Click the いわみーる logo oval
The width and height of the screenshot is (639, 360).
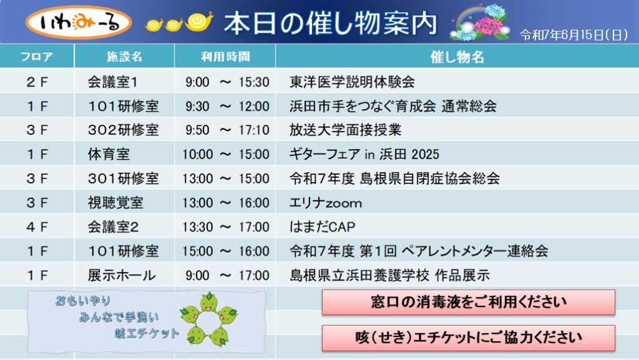[x=79, y=23]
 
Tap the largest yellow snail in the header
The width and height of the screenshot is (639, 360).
[x=199, y=22]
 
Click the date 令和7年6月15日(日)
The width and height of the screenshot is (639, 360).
[x=574, y=35]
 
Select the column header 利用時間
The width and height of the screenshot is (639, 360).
[x=225, y=57]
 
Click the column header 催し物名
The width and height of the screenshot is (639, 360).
[x=457, y=57]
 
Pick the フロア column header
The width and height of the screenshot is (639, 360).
[x=37, y=57]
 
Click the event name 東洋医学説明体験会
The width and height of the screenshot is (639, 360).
[x=352, y=82]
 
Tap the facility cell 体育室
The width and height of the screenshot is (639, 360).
[x=109, y=154]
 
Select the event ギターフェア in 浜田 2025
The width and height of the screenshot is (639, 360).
[x=364, y=154]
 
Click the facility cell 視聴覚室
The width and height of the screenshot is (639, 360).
[x=115, y=203]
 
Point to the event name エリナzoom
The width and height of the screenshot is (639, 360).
[x=326, y=203]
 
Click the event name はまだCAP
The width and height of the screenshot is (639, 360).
[x=323, y=227]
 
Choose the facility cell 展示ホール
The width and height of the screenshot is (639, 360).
[x=122, y=275]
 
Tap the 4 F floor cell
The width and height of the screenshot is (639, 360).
[x=37, y=227]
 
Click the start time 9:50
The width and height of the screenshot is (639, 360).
[x=197, y=130]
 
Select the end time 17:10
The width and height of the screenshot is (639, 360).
[x=254, y=130]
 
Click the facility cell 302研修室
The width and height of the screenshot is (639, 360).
[x=123, y=130]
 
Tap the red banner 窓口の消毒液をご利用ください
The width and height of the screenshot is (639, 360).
[x=468, y=302]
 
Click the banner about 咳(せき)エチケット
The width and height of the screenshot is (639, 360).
[x=468, y=338]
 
